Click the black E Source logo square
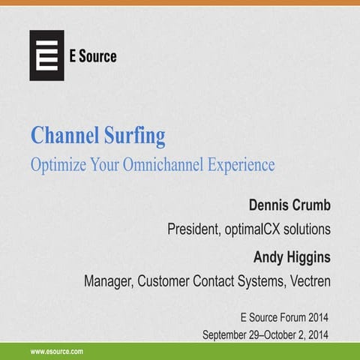(x=46, y=55)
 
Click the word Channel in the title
(x=64, y=137)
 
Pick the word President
(x=194, y=229)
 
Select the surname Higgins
(x=310, y=257)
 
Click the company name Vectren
(x=306, y=283)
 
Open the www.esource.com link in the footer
(x=56, y=351)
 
